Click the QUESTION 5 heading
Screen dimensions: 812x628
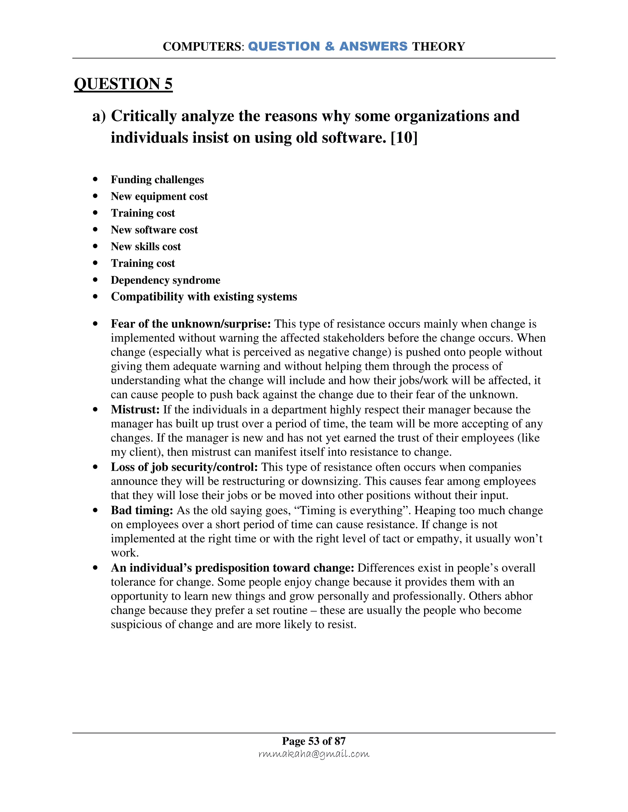123,84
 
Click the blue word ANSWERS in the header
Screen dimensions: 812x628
373,47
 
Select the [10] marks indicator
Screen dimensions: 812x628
404,138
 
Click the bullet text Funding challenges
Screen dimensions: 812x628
157,180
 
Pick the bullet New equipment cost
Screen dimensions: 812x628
159,196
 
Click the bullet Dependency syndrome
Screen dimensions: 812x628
165,280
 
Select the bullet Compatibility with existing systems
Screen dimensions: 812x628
204,297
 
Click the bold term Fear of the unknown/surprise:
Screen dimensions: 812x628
191,324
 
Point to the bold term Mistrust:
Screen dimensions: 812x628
135,410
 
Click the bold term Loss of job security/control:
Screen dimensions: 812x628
184,467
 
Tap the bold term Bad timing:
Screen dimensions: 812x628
142,510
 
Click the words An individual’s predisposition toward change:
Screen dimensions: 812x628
232,568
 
